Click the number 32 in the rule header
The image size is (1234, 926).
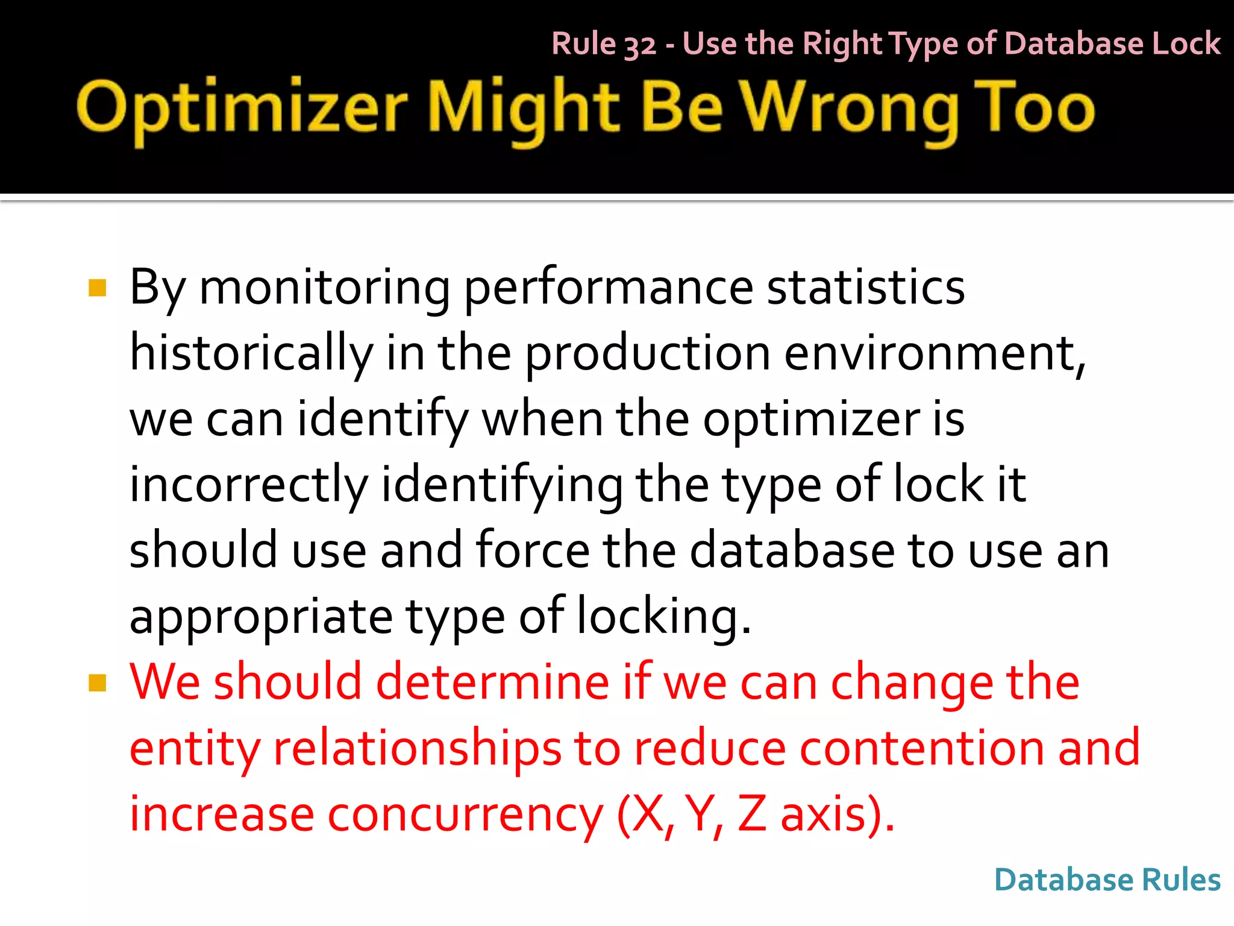[639, 45]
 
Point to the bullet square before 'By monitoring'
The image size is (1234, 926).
[97, 288]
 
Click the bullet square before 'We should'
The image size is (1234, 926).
[97, 683]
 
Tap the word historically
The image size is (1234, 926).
[251, 353]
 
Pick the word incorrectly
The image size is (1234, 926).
[248, 485]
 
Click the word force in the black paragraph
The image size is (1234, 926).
[533, 550]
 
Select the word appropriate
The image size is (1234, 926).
[261, 617]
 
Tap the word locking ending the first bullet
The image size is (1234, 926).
[663, 617]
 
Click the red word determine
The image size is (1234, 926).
[492, 682]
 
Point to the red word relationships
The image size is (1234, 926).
[417, 749]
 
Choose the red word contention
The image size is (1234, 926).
[922, 749]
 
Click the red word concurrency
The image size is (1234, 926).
[465, 815]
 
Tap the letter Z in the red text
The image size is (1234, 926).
[752, 814]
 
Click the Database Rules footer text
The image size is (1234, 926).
[1107, 880]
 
